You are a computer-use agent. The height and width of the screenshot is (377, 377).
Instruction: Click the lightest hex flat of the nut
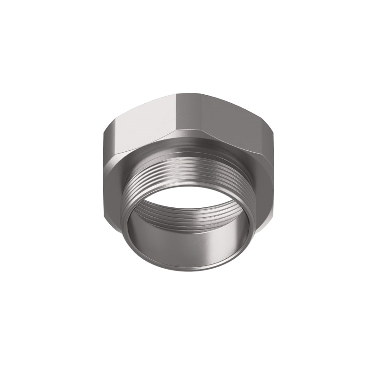tap(141, 120)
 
